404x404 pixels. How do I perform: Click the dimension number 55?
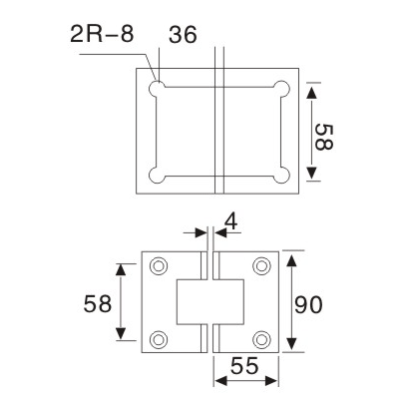pyautogui.click(x=246, y=365)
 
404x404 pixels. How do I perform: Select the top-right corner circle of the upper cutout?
pyautogui.click(x=284, y=89)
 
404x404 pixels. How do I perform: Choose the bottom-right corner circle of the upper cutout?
pyautogui.click(x=284, y=177)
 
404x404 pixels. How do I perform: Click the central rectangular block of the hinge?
pyautogui.click(x=210, y=301)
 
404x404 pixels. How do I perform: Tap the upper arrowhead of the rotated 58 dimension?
pyautogui.click(x=311, y=93)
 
